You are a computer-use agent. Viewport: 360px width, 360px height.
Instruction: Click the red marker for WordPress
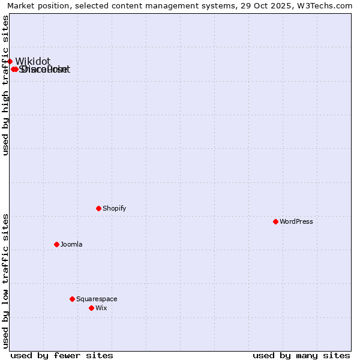point(275,221)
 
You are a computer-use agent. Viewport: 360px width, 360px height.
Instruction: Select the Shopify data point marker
point(98,208)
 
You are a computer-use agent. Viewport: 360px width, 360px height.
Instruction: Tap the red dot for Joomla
point(56,244)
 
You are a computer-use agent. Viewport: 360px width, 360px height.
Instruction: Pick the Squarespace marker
point(72,299)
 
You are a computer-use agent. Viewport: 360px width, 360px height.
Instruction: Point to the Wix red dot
point(91,308)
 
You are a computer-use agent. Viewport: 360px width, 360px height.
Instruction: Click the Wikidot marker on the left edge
point(10,61)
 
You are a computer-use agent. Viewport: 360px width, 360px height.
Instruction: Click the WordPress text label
point(296,221)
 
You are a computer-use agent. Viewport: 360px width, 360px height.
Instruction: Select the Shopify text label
point(114,208)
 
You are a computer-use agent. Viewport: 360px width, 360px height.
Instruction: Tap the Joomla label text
point(71,244)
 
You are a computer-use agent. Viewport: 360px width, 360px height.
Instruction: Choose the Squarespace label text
point(97,299)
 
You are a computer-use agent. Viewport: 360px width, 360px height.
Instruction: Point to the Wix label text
point(101,308)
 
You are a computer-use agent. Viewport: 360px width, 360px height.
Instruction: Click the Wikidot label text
point(33,61)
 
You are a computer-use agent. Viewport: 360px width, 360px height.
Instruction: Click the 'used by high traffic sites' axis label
point(5,85)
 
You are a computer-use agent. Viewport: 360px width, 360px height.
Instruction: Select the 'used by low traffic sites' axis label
point(5,280)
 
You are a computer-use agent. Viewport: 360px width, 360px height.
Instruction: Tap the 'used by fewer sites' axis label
point(62,355)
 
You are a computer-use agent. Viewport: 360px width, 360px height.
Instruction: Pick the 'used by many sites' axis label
point(301,355)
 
